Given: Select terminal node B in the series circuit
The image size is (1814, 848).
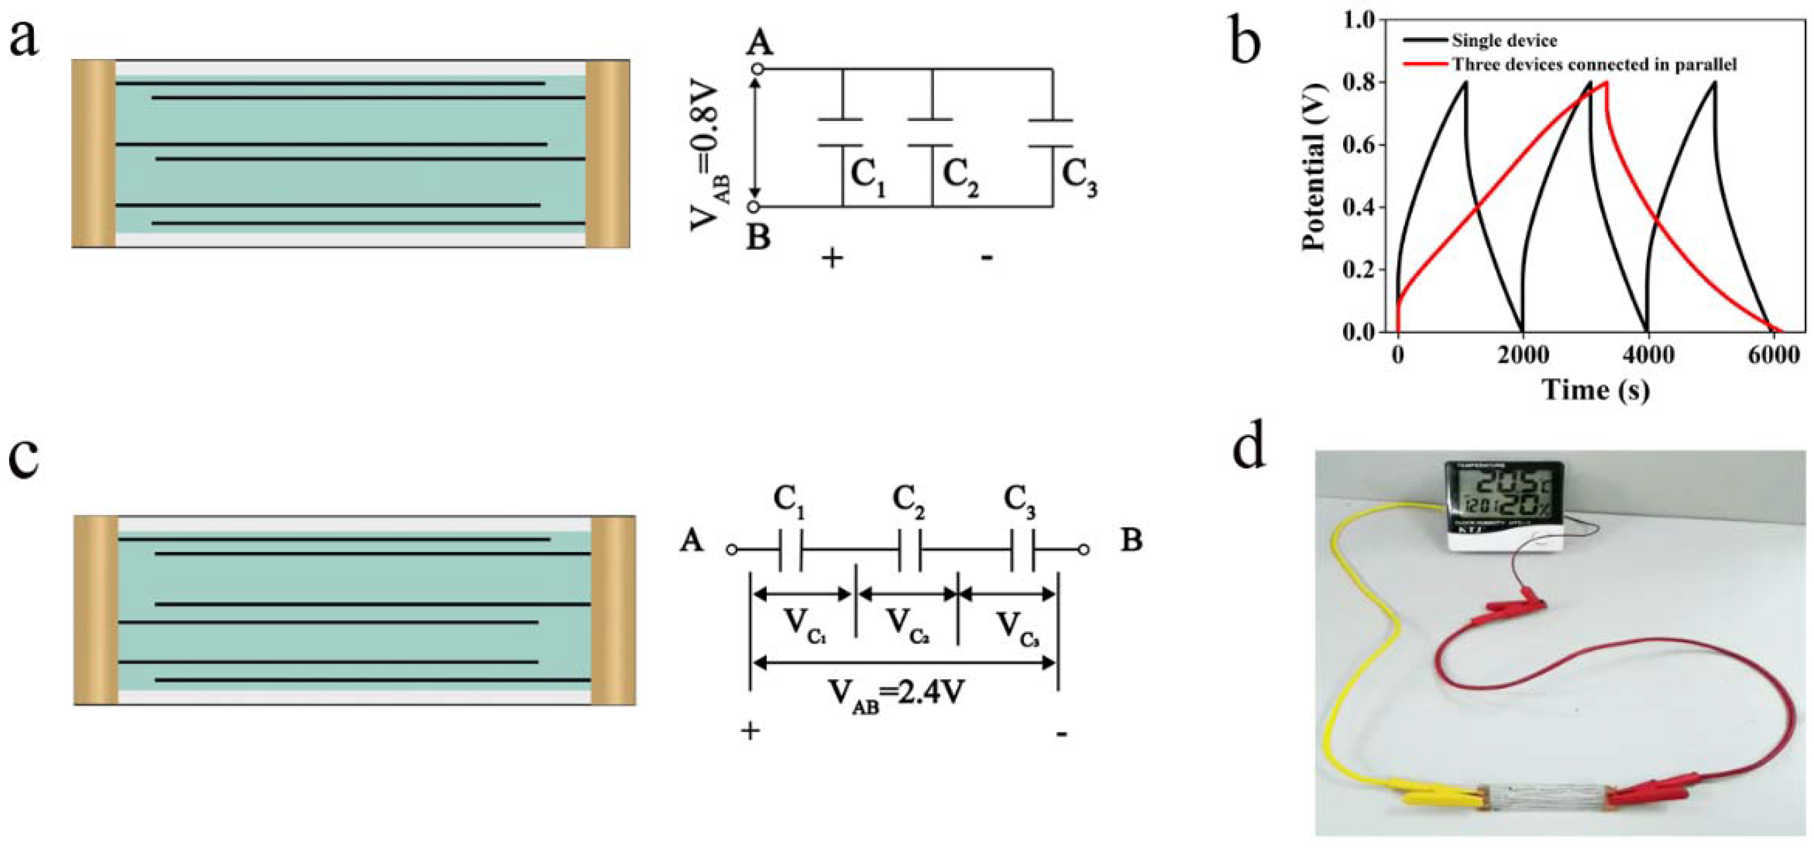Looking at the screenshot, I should click(x=1084, y=549).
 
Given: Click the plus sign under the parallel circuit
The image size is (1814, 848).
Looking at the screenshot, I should click(x=832, y=258).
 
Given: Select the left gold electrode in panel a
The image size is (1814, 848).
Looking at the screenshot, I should click(x=94, y=154).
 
